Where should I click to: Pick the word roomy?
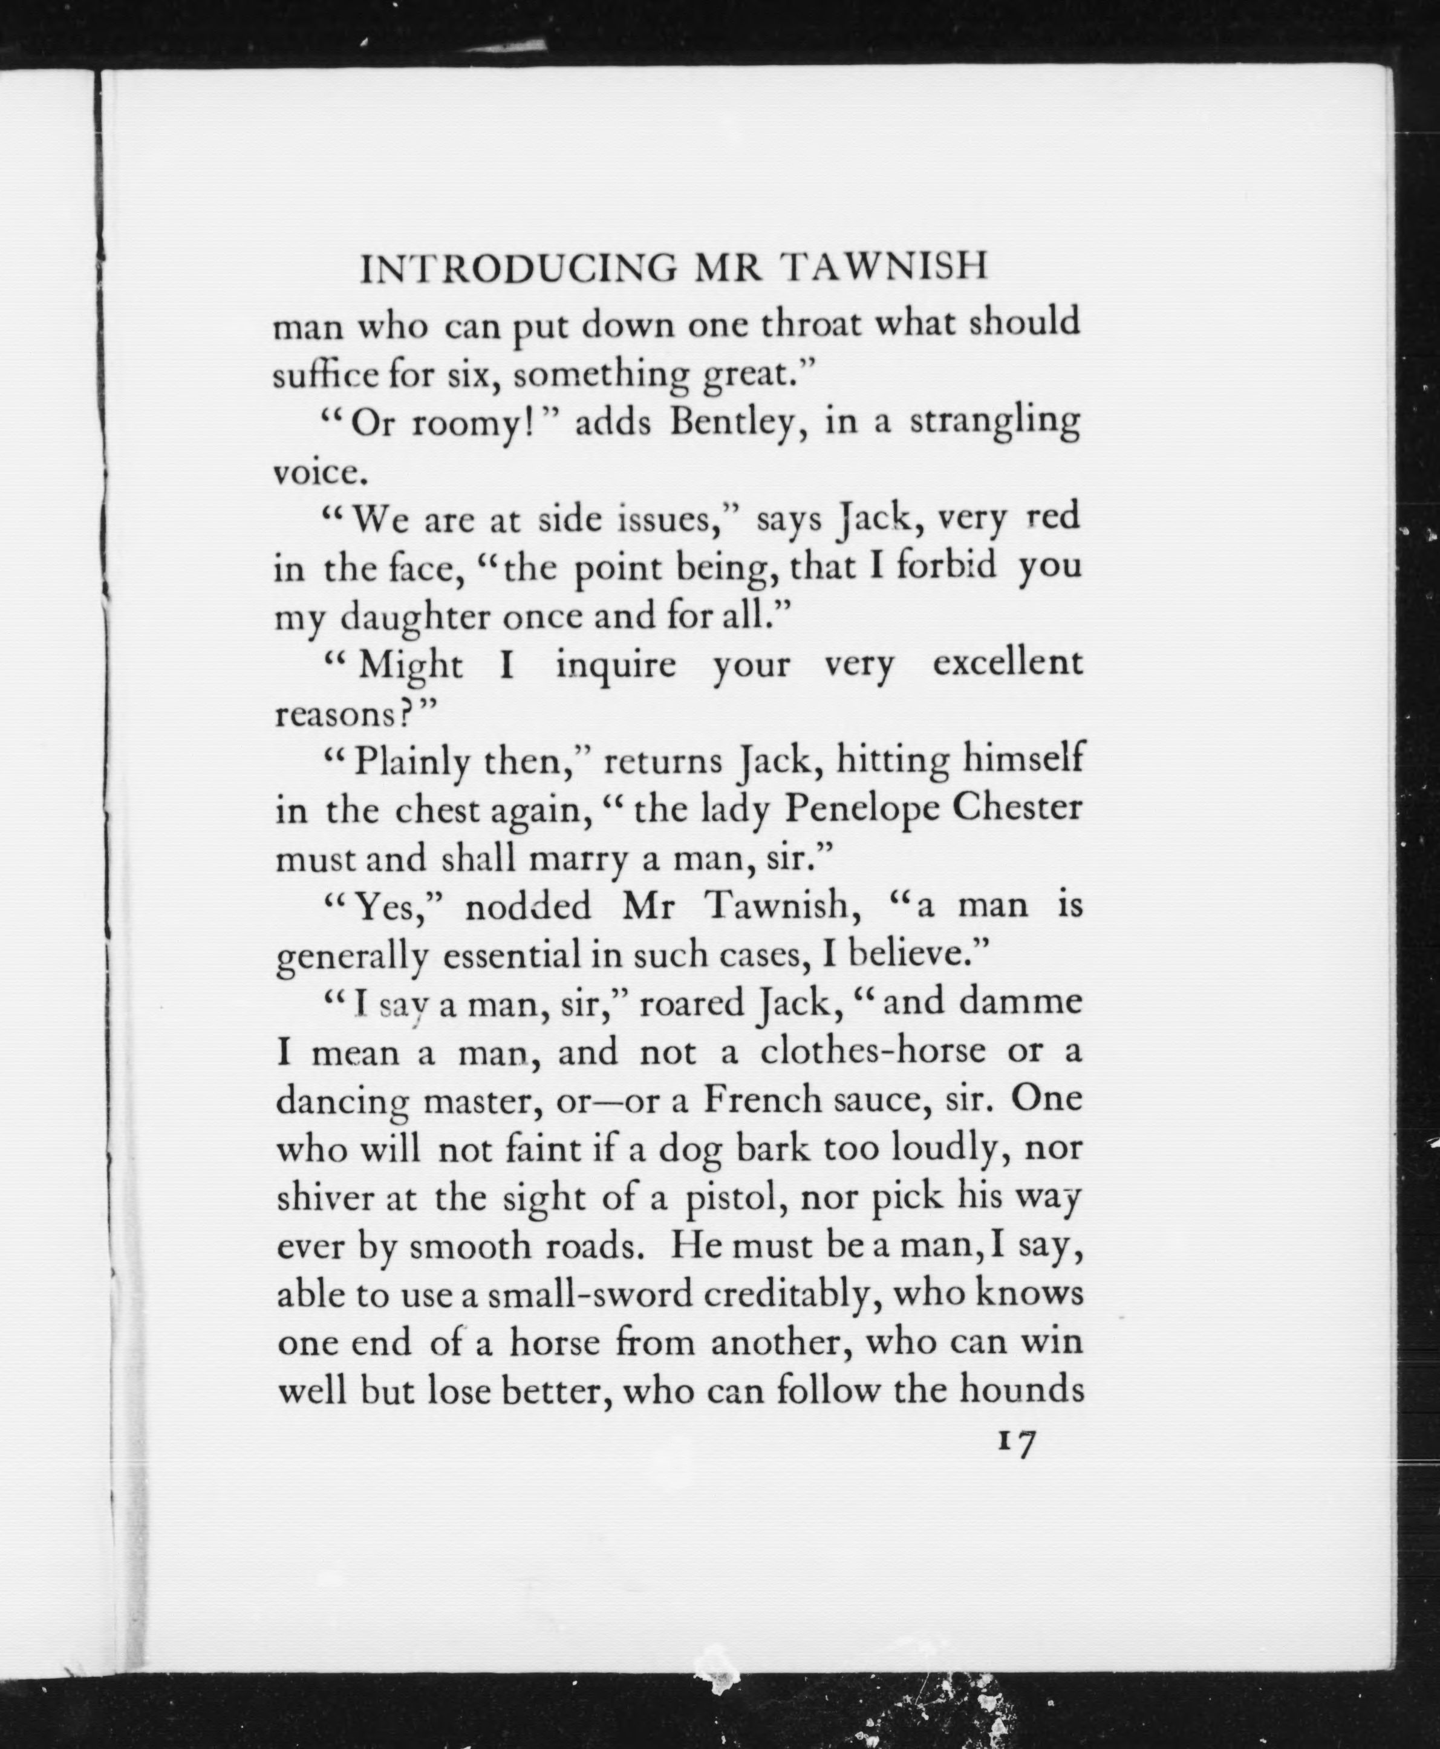(464, 425)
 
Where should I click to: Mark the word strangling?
(995, 423)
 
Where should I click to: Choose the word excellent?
(1007, 663)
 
